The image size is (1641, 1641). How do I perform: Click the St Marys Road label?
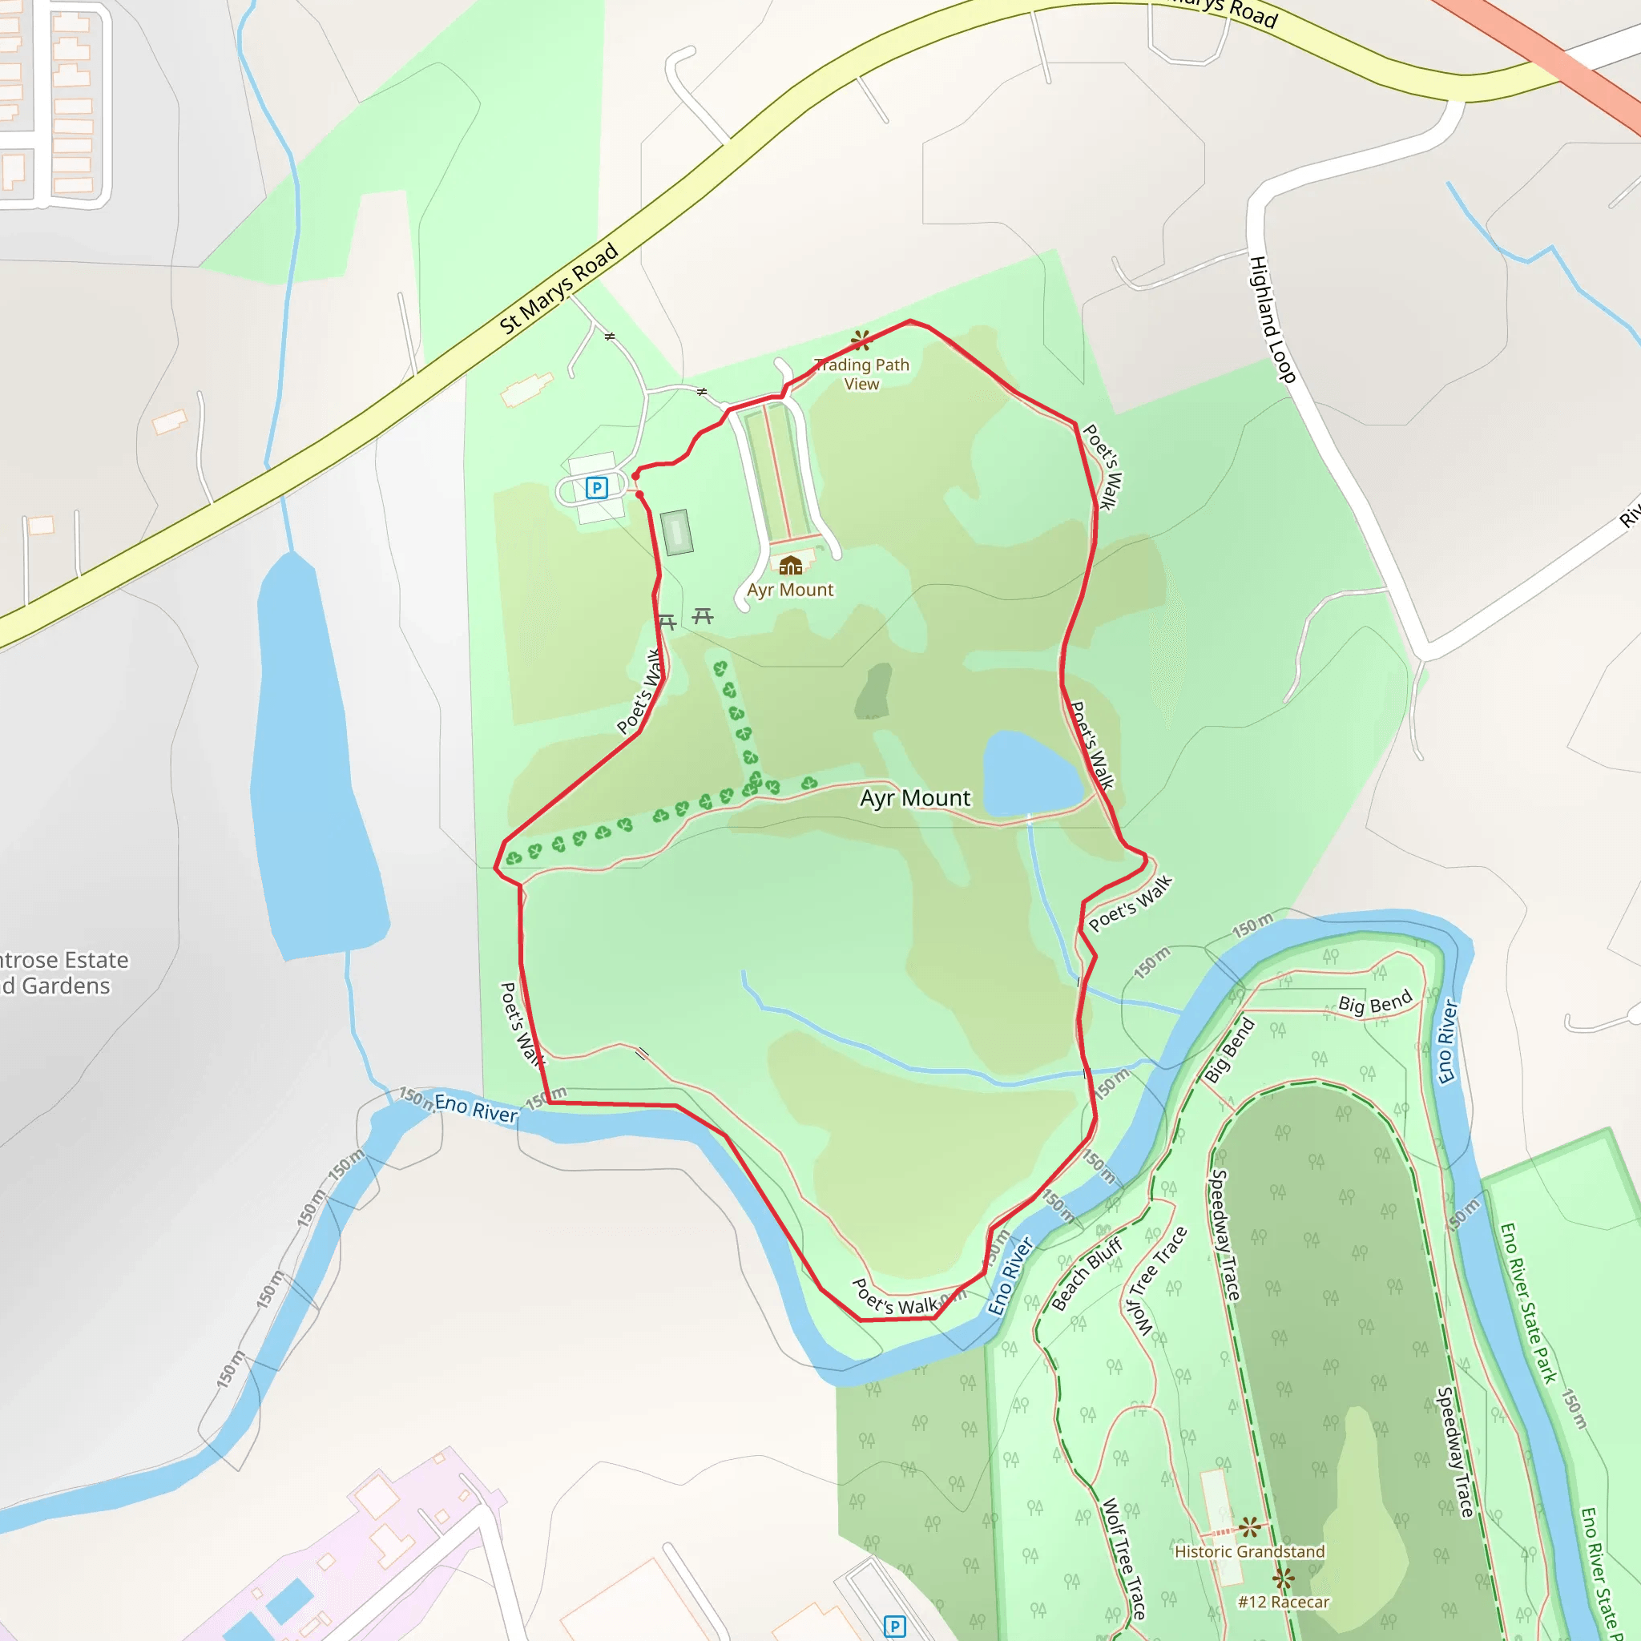tap(558, 288)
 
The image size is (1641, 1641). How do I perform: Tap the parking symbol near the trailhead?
tap(596, 487)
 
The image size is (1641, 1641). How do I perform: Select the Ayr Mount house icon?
tap(790, 565)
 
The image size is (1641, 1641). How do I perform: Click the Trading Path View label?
tap(861, 373)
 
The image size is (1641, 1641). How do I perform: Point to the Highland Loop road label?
tap(1272, 320)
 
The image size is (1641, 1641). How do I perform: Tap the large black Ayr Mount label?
tap(915, 797)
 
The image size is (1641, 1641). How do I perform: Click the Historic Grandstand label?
tap(1249, 1552)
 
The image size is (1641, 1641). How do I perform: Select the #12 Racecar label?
tap(1284, 1602)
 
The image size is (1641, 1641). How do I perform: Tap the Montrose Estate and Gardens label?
tap(59, 973)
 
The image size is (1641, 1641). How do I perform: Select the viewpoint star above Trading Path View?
tap(861, 341)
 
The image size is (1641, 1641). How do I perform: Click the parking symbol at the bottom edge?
tap(894, 1626)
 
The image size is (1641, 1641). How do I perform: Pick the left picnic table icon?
tap(667, 622)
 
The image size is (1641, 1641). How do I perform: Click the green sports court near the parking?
tap(676, 533)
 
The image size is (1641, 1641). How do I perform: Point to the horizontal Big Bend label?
tap(1374, 1002)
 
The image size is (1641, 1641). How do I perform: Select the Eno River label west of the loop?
tap(476, 1108)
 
